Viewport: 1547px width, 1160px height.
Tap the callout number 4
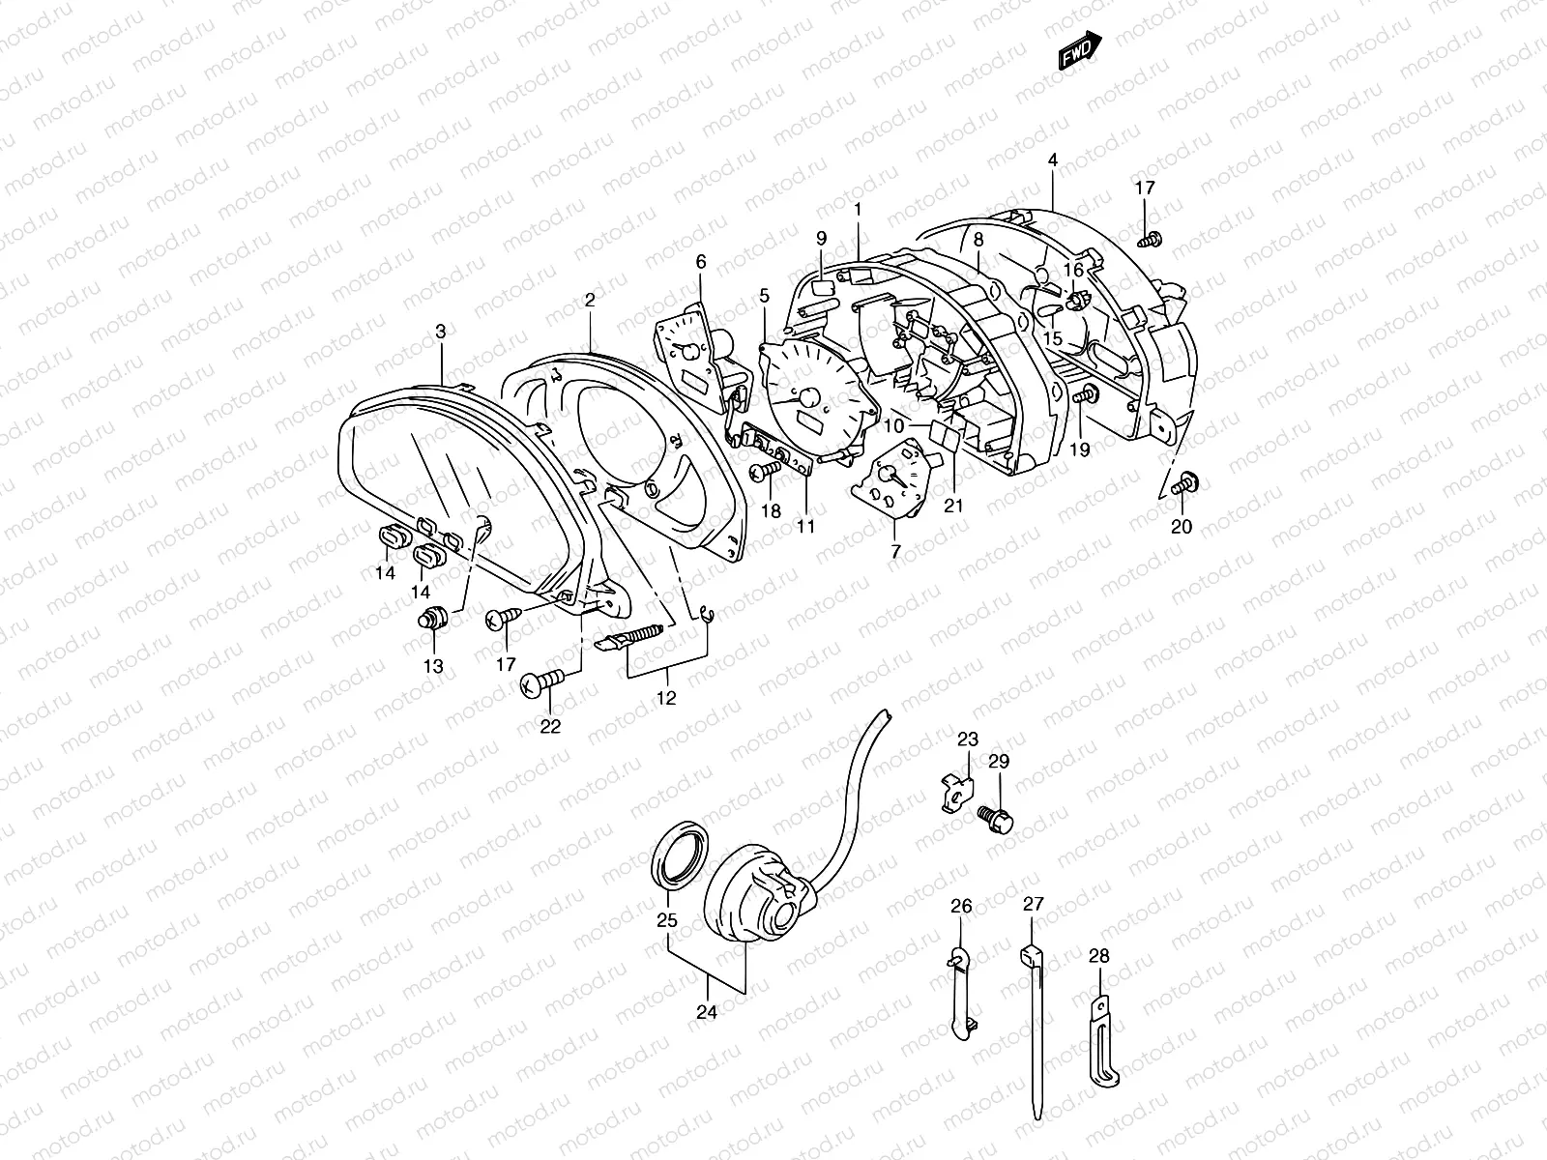1053,159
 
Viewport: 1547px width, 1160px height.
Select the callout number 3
440,332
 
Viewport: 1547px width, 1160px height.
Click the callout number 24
707,1013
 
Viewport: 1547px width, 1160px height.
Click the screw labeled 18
765,471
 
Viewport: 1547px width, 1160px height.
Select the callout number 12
666,697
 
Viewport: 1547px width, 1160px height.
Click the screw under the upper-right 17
1150,238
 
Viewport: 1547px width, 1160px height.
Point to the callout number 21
955,504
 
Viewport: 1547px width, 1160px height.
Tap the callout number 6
701,261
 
